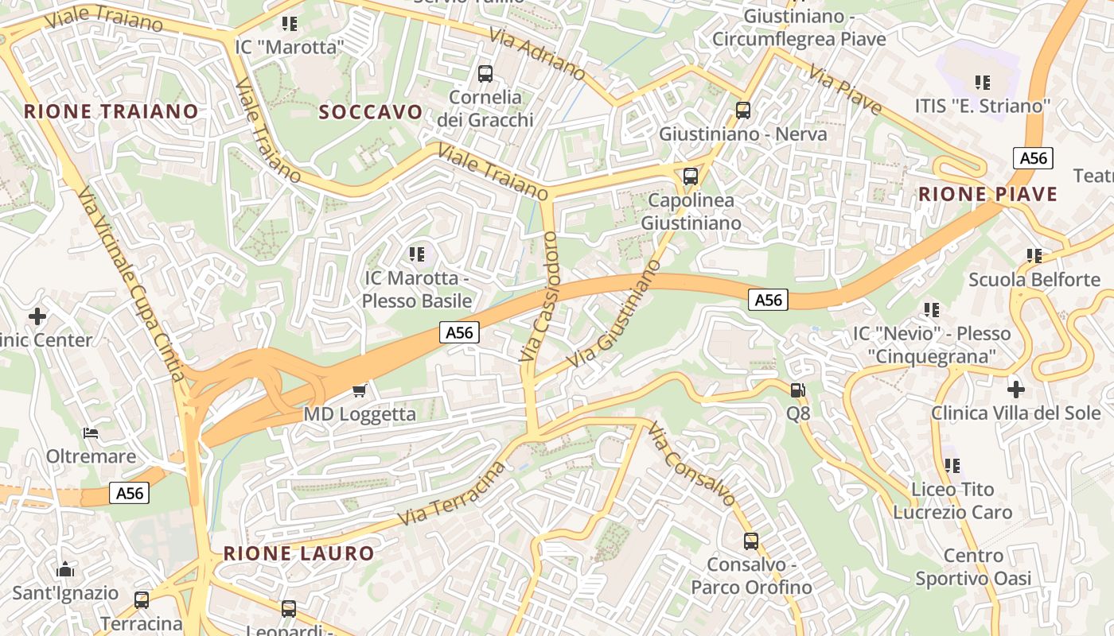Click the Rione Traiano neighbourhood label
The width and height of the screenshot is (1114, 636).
point(111,111)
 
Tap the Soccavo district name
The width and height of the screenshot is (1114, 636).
point(371,112)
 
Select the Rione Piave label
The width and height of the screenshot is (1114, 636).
point(987,195)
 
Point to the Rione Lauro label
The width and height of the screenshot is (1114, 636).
point(298,553)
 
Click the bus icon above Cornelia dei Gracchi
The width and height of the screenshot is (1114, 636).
point(485,74)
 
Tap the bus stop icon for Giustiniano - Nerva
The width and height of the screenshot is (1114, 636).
point(743,111)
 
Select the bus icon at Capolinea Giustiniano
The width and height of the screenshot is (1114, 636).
point(691,176)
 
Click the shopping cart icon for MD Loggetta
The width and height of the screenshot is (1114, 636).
point(359,390)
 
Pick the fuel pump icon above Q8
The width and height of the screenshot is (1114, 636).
point(797,390)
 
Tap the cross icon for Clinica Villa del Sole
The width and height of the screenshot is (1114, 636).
point(1015,390)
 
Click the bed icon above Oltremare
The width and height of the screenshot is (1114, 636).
point(91,433)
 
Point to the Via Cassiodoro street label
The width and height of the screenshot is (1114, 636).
point(540,297)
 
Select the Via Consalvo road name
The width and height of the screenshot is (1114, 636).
point(691,464)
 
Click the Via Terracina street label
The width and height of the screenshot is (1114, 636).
point(451,494)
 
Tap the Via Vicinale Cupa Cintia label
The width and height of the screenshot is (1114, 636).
point(131,283)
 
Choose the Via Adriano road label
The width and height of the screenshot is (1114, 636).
point(537,56)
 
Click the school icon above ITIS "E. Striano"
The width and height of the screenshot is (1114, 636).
point(983,82)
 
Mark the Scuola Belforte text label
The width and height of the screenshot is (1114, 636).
point(1034,280)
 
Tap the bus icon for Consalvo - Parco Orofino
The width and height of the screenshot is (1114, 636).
point(750,541)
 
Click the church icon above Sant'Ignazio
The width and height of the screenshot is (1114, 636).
point(65,569)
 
